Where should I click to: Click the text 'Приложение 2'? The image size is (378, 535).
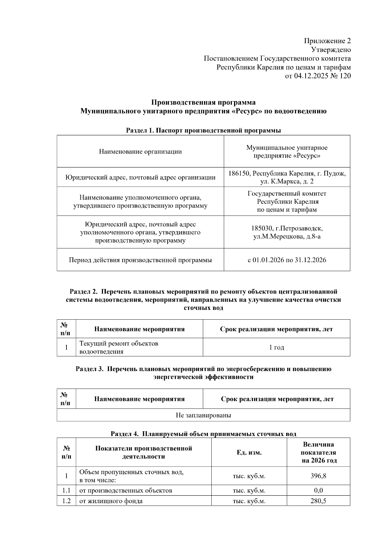point(327,41)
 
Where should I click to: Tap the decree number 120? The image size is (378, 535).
point(345,76)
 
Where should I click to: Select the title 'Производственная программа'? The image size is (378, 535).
point(203,102)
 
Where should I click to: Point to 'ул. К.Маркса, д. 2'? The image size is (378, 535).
point(287,182)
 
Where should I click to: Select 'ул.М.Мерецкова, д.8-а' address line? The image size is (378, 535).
point(287,236)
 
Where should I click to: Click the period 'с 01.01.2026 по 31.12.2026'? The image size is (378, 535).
point(287,260)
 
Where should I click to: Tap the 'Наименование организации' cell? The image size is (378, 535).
point(140,152)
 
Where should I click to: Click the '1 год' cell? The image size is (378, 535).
point(276,347)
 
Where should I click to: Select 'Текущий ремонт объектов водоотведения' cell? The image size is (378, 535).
point(119,347)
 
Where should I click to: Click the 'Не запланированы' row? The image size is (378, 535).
point(203,415)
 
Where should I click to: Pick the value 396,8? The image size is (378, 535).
point(318,476)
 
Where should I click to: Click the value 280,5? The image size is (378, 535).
point(318,501)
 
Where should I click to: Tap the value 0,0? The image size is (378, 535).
point(318,491)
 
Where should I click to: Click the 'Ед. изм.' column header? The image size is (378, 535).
point(249,453)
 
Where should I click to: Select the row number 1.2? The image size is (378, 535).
point(66,501)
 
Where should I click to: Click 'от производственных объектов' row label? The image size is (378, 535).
point(126,491)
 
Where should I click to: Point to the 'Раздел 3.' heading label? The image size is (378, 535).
point(89,369)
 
